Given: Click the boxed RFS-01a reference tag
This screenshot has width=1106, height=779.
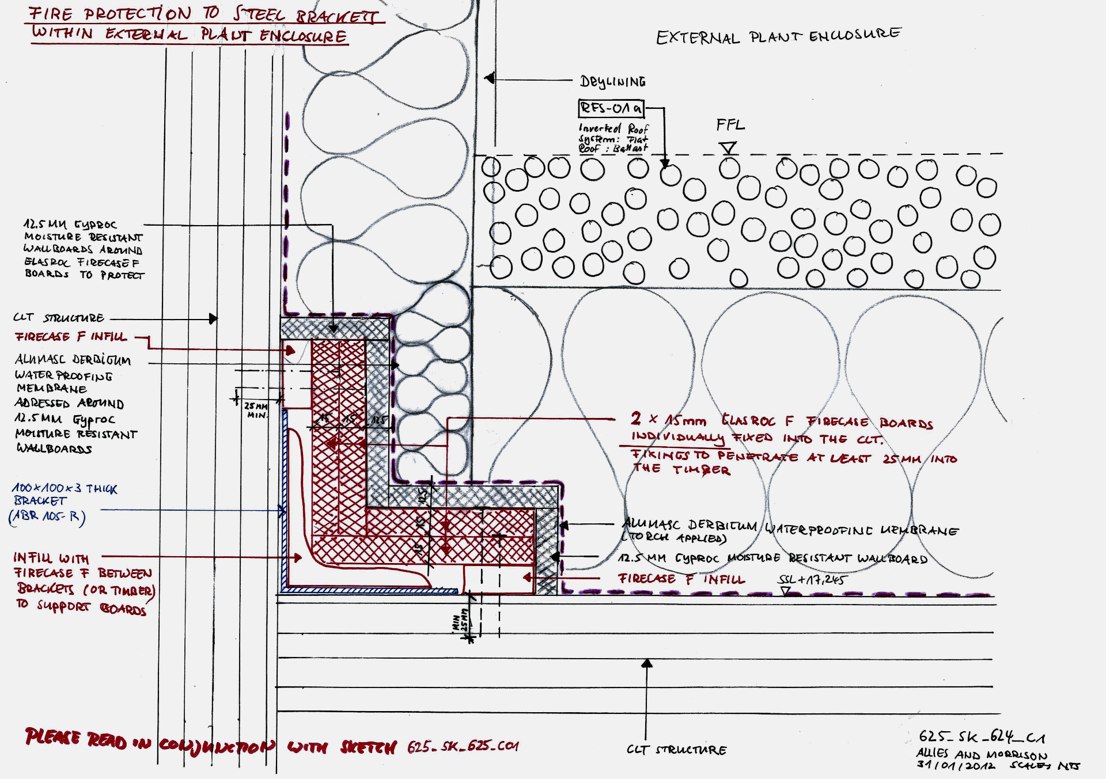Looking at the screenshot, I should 611,108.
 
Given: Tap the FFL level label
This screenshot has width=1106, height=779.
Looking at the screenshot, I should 730,125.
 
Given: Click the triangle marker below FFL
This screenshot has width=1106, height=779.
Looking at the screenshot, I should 729,148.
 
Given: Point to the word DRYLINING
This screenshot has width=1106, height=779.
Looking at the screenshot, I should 612,82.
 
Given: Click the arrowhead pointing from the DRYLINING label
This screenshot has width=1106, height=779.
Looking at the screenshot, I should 490,78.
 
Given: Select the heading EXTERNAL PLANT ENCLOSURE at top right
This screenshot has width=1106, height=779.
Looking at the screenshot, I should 779,37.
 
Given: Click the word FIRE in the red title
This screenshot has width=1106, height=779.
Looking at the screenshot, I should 51,14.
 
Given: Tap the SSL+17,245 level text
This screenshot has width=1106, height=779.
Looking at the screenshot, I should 812,580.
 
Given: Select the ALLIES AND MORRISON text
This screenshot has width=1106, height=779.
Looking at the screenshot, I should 982,754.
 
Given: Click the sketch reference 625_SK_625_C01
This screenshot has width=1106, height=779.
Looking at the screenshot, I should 463,747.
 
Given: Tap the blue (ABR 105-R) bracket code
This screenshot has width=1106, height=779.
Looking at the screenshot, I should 47,516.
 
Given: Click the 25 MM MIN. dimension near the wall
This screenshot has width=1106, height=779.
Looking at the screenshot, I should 256,410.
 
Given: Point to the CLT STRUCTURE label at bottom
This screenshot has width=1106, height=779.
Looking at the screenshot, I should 676,750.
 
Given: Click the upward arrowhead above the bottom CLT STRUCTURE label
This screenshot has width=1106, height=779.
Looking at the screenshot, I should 647,664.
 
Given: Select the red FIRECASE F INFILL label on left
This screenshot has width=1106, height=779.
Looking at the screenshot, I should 71,337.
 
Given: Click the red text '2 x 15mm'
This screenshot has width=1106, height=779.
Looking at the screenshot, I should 668,419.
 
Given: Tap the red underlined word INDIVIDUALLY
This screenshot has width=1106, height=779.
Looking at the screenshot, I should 677,438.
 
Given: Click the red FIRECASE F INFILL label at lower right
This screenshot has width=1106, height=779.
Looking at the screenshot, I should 681,579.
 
